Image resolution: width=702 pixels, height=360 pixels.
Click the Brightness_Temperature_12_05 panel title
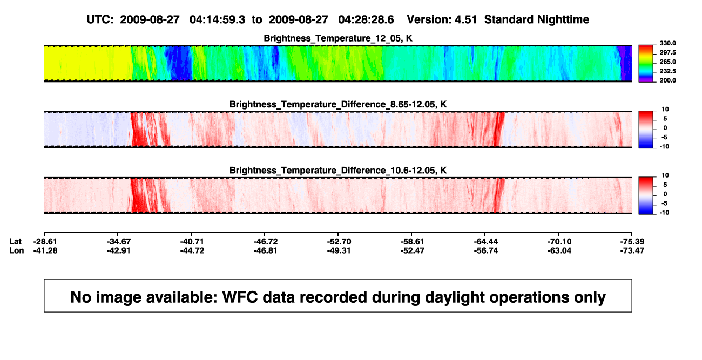point(338,38)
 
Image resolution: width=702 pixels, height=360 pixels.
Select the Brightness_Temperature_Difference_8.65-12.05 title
point(338,104)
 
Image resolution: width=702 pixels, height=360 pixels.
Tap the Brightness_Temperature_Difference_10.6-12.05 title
point(338,171)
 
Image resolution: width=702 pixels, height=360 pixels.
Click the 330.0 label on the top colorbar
point(667,43)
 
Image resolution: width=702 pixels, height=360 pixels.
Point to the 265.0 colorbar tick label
point(667,62)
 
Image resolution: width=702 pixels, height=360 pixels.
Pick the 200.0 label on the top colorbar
point(667,80)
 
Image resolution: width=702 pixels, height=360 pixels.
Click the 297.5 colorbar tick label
point(667,52)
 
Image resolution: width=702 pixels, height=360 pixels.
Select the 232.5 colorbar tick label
point(667,71)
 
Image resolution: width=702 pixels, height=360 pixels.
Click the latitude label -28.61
point(45,242)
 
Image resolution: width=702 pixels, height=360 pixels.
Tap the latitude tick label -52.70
point(339,242)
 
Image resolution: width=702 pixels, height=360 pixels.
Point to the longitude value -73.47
point(632,250)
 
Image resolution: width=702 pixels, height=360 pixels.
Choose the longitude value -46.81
point(266,250)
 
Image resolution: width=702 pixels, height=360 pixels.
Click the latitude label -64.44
point(486,242)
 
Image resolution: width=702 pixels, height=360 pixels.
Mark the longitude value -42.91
point(118,250)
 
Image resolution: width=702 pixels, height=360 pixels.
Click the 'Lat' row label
point(15,242)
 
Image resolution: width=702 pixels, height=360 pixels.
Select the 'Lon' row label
point(17,250)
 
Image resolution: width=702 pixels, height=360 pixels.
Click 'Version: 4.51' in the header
point(442,19)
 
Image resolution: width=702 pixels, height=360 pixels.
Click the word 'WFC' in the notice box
point(240,297)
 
